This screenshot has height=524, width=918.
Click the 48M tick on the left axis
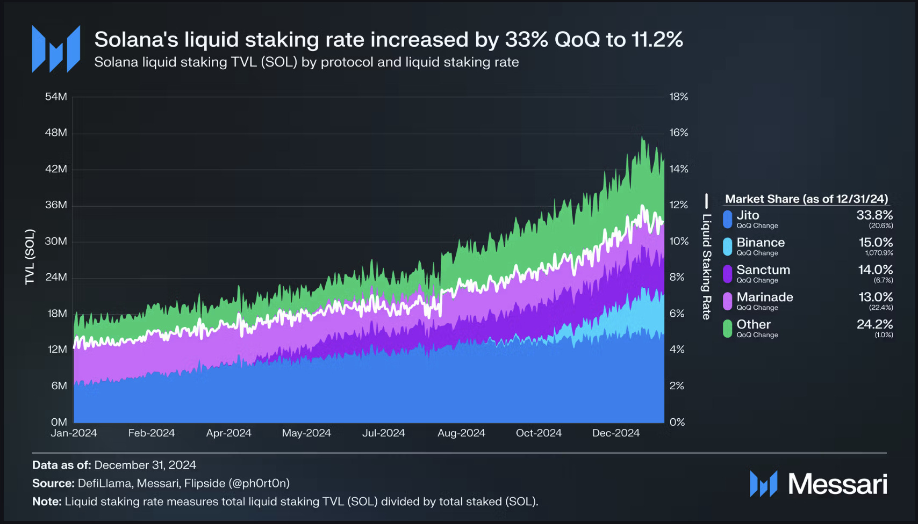click(56, 133)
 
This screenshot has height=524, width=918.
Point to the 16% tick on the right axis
click(679, 133)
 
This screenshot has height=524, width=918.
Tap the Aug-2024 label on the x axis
click(461, 433)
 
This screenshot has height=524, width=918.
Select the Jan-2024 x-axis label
click(74, 433)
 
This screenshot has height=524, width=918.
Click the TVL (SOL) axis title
click(30, 257)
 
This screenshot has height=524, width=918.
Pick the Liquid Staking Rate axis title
click(706, 267)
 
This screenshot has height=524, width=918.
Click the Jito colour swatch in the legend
click(727, 219)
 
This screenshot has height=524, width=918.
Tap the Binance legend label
click(761, 243)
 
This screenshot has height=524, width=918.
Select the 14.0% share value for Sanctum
click(876, 270)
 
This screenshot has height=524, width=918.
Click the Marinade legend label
click(764, 297)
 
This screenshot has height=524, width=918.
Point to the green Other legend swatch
click(727, 328)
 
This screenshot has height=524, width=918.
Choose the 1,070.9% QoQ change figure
click(879, 253)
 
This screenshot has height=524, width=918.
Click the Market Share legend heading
click(806, 199)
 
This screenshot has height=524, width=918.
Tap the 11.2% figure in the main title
click(657, 39)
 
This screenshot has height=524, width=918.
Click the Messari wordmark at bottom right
click(837, 484)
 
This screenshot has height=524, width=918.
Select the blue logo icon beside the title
click(56, 49)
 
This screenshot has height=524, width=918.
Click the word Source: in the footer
click(53, 483)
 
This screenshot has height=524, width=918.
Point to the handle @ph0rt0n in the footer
click(259, 483)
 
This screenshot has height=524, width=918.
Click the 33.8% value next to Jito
click(874, 215)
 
